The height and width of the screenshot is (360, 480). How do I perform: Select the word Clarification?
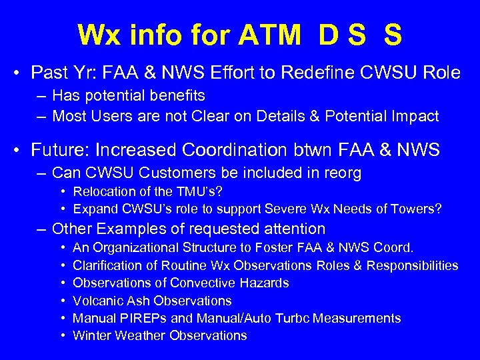point(106,265)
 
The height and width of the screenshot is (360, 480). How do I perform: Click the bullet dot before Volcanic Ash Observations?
point(61,301)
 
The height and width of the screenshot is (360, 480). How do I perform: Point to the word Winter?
point(91,336)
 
